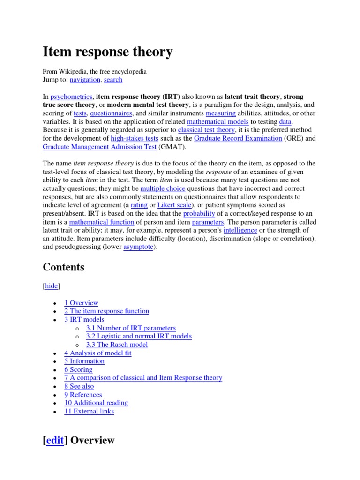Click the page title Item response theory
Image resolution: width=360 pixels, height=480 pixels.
[108, 52]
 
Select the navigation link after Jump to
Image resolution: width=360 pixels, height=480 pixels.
[85, 80]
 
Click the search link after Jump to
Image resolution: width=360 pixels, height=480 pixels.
[113, 80]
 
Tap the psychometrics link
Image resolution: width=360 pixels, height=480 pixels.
[72, 97]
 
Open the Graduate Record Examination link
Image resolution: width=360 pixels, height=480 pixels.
[238, 138]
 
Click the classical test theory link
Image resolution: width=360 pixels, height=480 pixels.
[206, 130]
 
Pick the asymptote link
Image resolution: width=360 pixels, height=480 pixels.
[138, 247]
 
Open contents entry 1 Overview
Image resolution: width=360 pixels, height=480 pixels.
[81, 303]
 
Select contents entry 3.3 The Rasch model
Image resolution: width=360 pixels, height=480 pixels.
[117, 345]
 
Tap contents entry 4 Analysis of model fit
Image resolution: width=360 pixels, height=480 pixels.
[97, 353]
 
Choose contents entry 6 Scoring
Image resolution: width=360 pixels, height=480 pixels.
[78, 369]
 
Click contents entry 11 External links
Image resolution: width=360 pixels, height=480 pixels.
[89, 411]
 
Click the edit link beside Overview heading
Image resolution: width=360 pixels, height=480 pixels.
[55, 441]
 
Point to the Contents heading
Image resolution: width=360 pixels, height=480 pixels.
[64, 267]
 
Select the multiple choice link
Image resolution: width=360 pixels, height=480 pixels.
[163, 188]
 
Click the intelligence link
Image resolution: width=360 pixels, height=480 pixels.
[240, 230]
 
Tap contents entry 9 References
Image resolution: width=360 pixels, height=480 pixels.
[83, 395]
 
